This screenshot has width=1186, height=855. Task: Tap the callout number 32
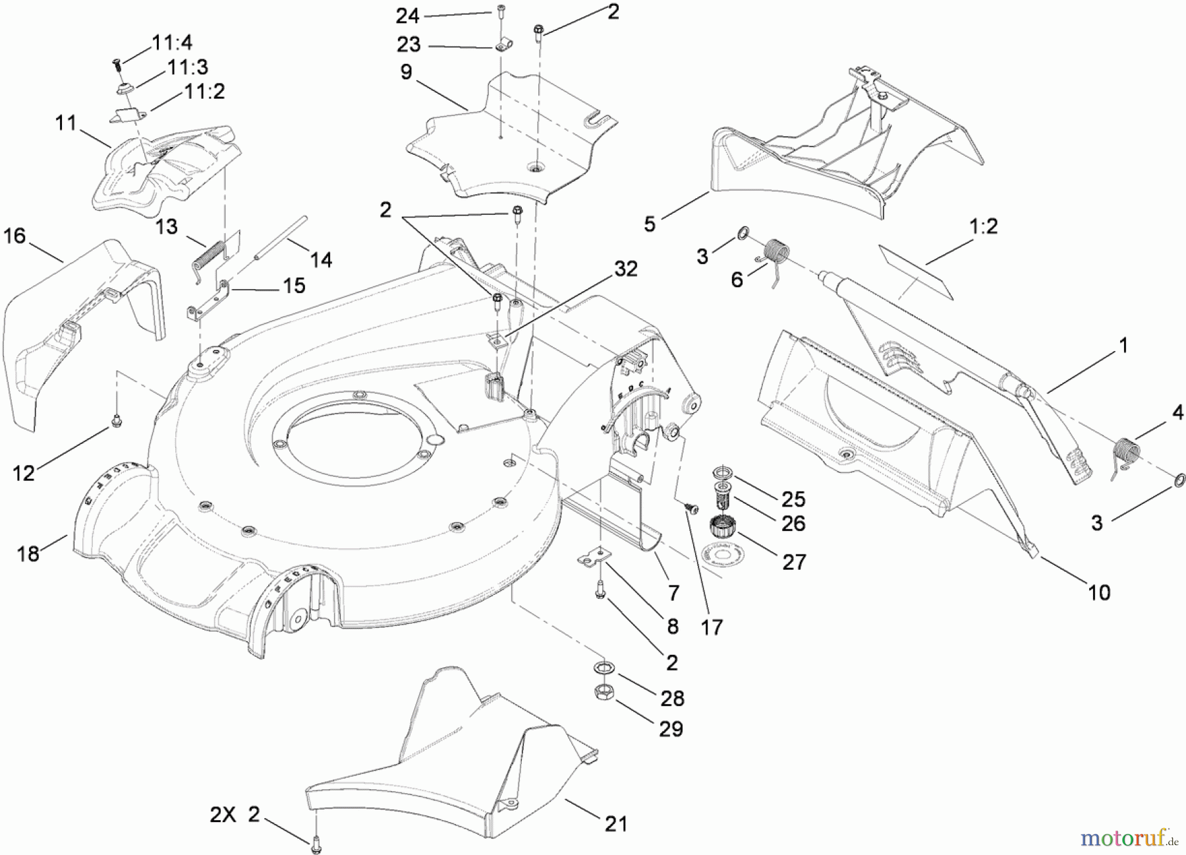coord(626,269)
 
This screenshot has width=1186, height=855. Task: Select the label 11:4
coord(172,43)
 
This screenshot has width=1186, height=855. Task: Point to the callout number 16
coord(14,236)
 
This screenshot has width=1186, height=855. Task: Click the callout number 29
coord(671,729)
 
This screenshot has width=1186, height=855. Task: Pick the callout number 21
coord(615,823)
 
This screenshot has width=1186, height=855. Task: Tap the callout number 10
coord(1098,592)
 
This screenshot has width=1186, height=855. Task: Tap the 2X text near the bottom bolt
coord(223,815)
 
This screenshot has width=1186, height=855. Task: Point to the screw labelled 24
coord(502,11)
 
